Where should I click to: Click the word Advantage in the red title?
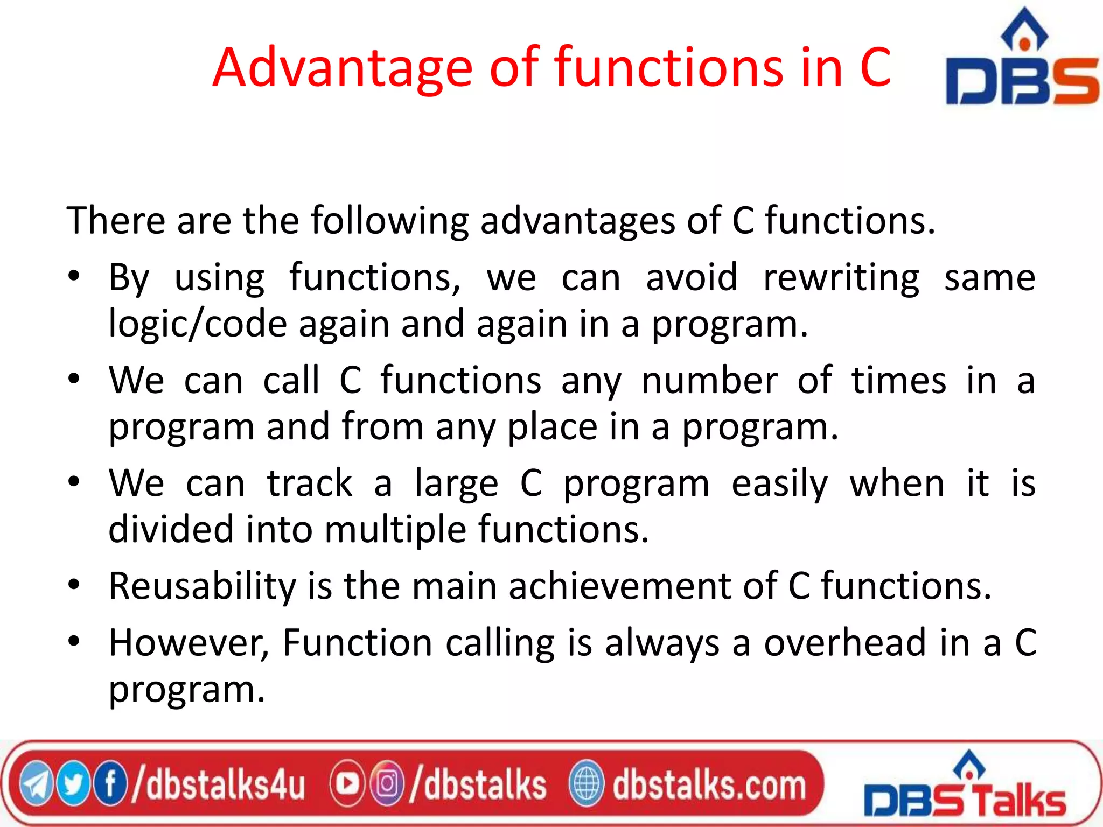[343, 68]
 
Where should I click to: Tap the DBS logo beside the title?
[1022, 59]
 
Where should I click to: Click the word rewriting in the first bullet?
[841, 278]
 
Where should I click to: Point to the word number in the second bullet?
[709, 381]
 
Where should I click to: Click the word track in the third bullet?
[310, 483]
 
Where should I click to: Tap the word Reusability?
[202, 586]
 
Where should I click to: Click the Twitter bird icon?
[73, 784]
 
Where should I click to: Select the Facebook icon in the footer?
[110, 784]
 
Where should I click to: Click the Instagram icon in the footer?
[386, 784]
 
